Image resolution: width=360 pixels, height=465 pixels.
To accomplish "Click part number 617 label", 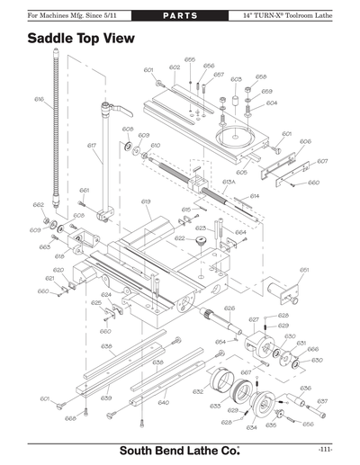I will (x=92, y=145).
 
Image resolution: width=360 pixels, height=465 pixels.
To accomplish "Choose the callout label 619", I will (x=145, y=201).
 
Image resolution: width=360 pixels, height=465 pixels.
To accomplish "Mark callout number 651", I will (x=304, y=269).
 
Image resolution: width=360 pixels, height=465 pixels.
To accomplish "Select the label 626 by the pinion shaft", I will (x=229, y=308).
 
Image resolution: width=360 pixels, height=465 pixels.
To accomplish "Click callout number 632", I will (x=198, y=392).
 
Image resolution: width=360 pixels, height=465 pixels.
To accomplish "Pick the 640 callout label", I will (x=163, y=402).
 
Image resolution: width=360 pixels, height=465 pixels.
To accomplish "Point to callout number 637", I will (x=322, y=400).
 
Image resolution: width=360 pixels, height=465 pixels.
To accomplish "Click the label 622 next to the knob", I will (x=180, y=238).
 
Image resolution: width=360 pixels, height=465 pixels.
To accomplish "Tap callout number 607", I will (x=322, y=161).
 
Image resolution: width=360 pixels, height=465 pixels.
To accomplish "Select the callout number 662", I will (x=39, y=205).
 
